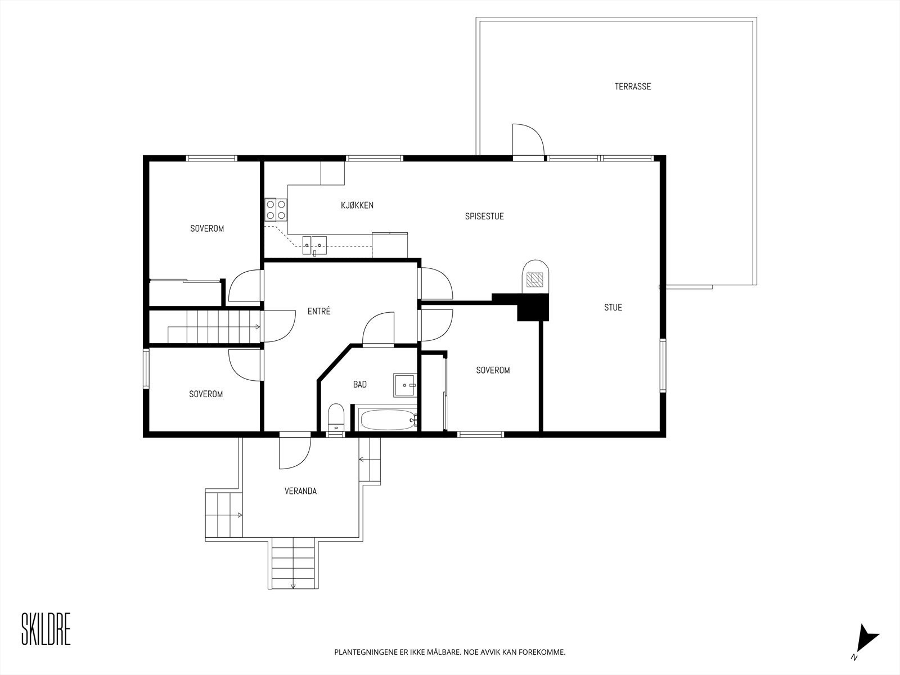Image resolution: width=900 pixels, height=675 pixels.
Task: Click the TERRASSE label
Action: click(632, 87)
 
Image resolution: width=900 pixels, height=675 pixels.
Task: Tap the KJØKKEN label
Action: click(357, 205)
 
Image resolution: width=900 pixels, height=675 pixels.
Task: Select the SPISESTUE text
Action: click(484, 216)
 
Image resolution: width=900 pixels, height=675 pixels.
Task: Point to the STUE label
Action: click(613, 307)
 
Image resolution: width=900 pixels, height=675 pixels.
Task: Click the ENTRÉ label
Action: click(319, 311)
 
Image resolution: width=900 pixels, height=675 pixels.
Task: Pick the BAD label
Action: click(359, 384)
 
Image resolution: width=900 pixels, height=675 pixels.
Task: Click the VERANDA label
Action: click(300, 491)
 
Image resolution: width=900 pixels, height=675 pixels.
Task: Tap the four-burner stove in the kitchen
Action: click(276, 209)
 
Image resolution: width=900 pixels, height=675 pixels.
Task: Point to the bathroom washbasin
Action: click(404, 385)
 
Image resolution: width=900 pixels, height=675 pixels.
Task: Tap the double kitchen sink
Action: click(313, 244)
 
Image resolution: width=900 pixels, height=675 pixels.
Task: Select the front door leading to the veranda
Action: click(295, 451)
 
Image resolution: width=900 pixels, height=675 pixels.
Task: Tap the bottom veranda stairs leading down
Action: click(292, 562)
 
